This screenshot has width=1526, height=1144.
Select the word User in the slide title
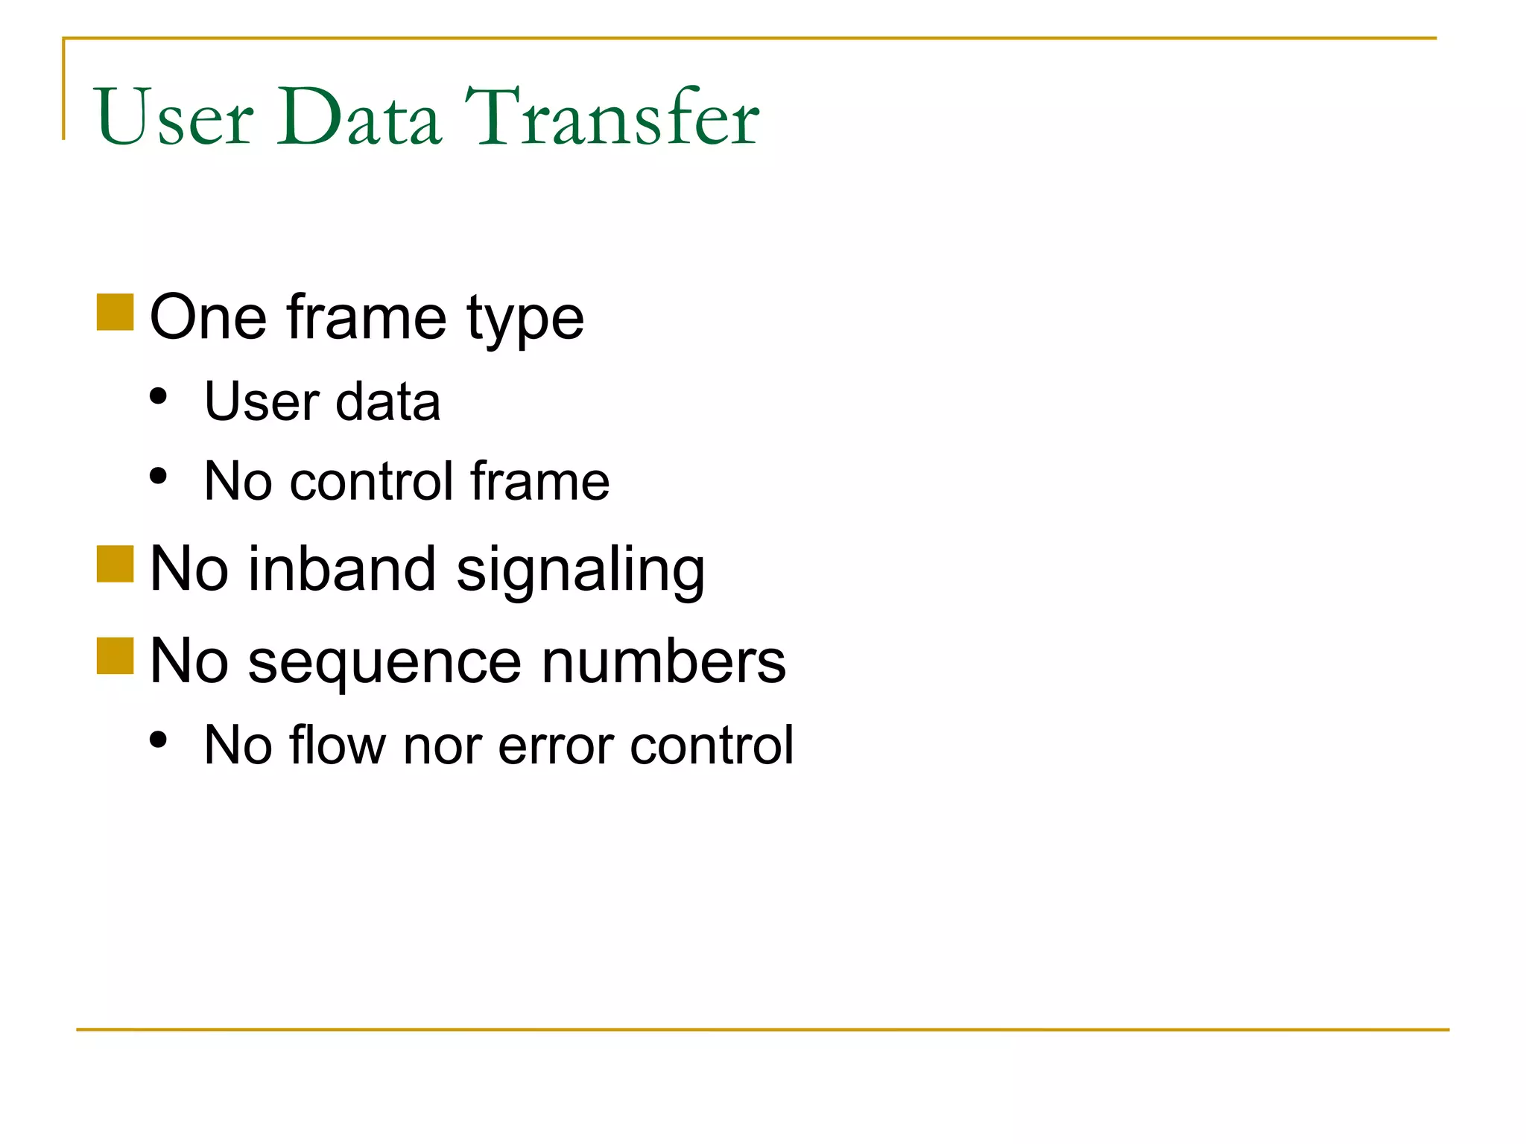175,118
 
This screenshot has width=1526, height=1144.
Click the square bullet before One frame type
115,312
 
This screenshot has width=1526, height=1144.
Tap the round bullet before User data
158,396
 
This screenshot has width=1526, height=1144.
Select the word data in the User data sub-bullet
388,402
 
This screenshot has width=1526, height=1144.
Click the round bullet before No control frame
158,475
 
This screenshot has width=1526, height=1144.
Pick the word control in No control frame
371,482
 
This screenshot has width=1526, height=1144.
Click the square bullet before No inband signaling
115,564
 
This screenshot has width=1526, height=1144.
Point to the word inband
341,570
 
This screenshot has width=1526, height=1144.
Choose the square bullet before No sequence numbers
115,655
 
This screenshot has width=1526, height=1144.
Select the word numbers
664,661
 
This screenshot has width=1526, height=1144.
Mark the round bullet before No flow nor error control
158,740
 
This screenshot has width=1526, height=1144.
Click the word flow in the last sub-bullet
338,746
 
